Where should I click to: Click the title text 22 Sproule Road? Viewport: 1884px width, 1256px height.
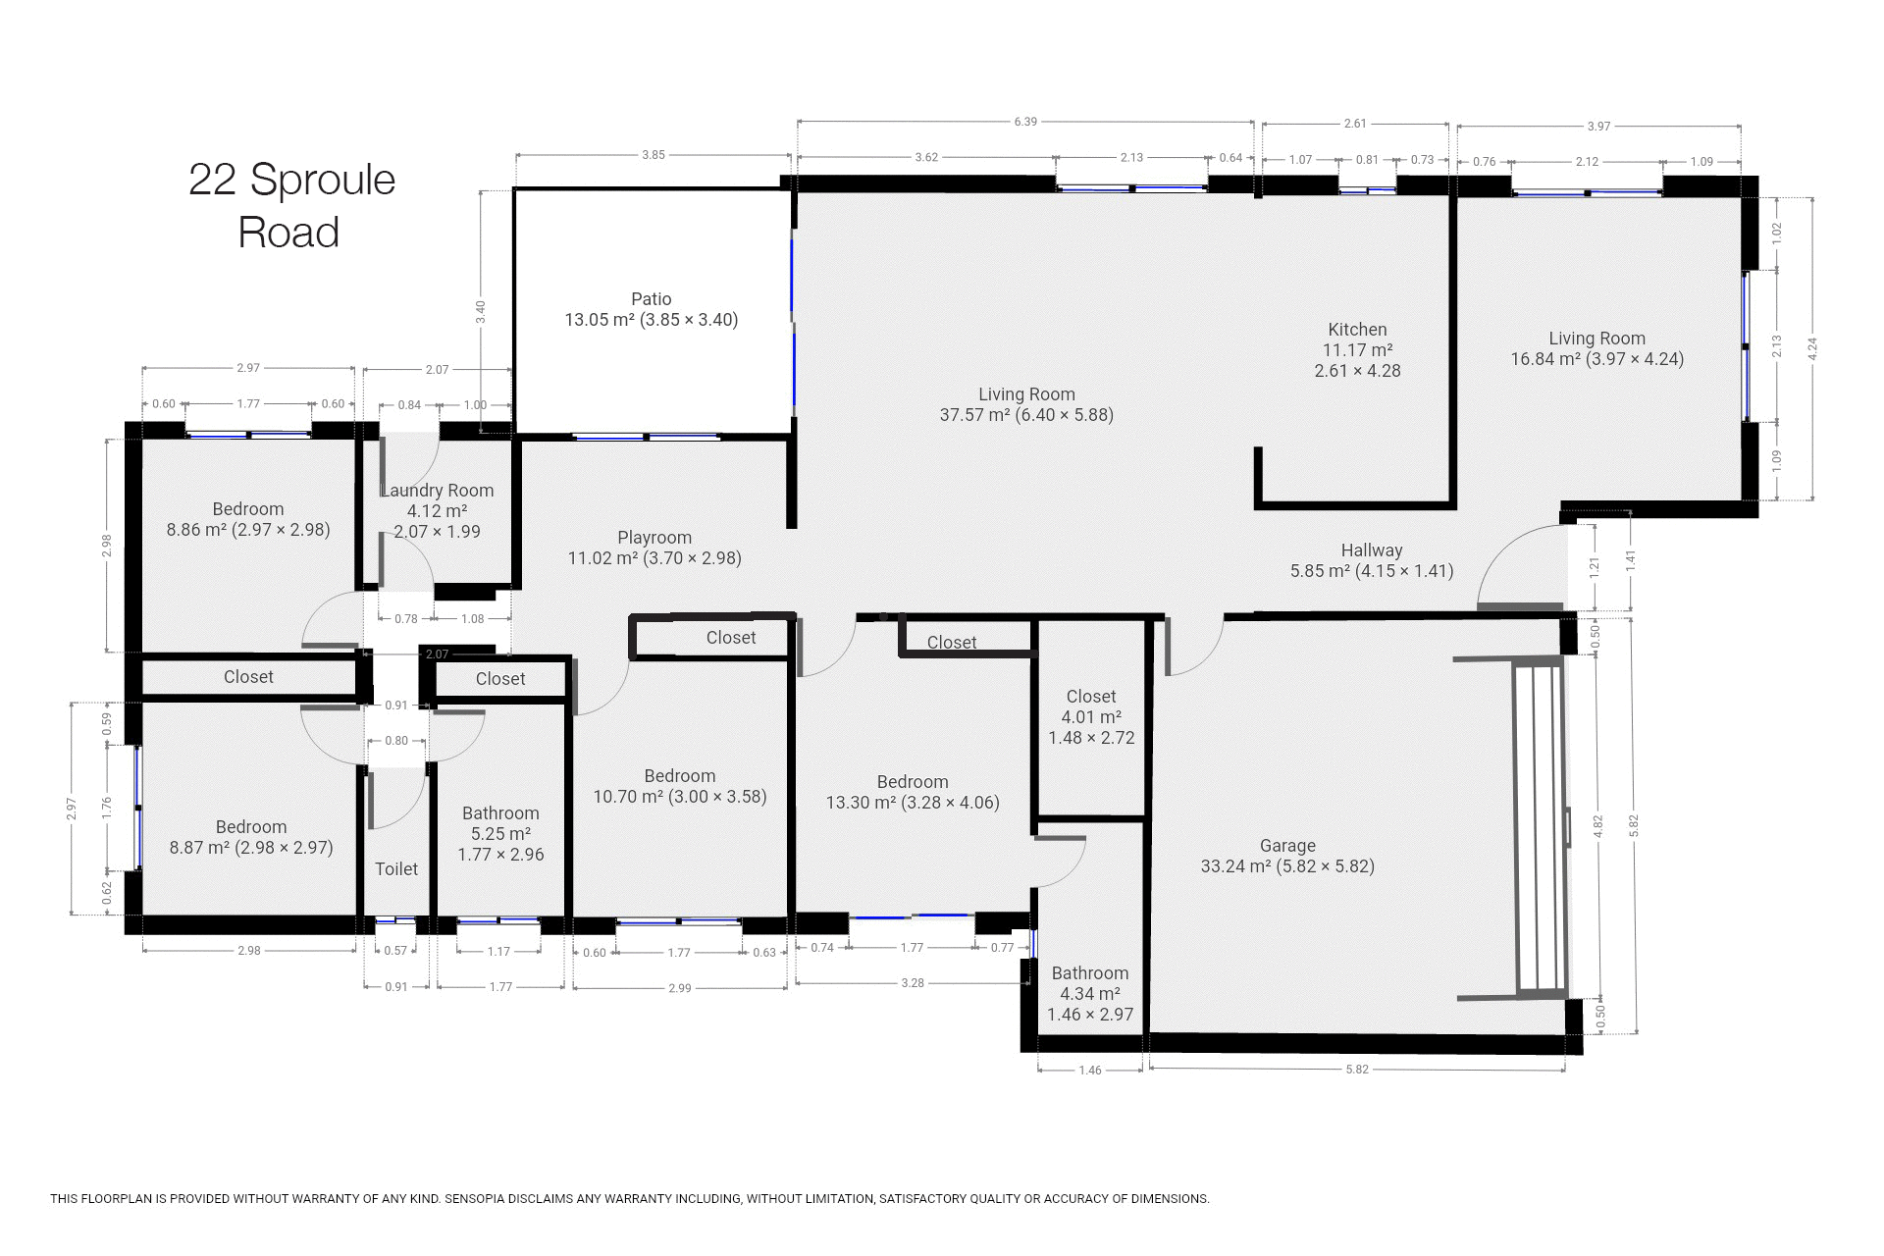point(291,206)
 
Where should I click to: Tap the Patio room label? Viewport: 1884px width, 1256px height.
point(652,299)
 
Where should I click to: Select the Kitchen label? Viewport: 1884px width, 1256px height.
point(1357,330)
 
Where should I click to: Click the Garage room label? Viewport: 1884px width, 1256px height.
point(1287,846)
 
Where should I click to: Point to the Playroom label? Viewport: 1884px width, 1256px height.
point(654,538)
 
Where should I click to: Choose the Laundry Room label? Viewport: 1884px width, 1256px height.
point(437,491)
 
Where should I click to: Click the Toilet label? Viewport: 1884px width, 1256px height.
point(396,869)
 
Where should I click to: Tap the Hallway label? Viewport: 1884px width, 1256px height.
point(1372,550)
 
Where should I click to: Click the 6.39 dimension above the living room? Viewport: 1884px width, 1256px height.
point(1025,122)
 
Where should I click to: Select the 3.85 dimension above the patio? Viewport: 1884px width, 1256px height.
point(654,155)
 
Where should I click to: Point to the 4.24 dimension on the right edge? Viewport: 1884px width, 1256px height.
point(1813,348)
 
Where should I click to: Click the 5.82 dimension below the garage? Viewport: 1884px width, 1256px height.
point(1356,1070)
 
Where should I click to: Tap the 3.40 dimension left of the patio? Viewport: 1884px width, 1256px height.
point(480,311)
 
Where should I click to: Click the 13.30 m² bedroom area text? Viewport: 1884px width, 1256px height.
point(913,803)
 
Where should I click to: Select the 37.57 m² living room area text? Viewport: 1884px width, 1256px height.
point(1026,415)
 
